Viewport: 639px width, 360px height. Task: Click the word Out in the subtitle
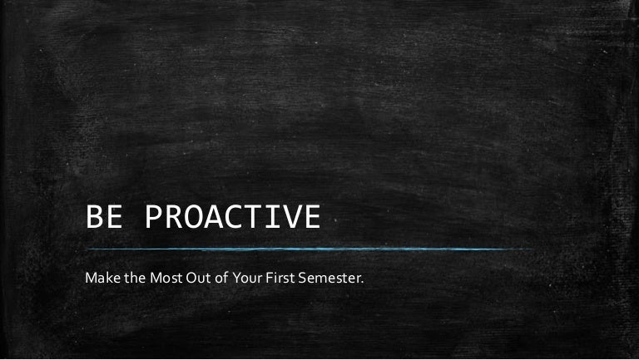pos(198,275)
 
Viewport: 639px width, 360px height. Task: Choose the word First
pos(280,275)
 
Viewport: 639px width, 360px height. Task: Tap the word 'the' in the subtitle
pos(133,275)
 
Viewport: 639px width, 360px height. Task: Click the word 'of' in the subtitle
pos(220,275)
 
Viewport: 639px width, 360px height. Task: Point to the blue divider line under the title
pos(308,249)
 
